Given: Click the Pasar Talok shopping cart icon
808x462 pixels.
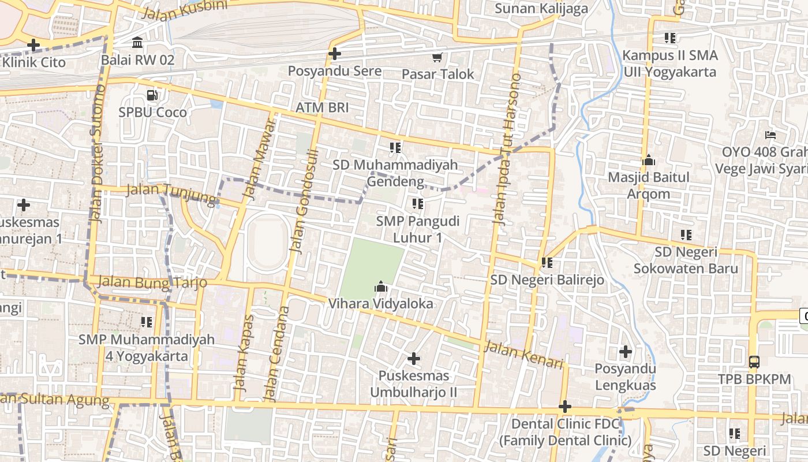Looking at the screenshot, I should coord(437,57).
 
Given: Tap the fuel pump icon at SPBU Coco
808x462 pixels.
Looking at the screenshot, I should coord(152,95).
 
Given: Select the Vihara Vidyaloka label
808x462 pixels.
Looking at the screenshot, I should coord(380,303).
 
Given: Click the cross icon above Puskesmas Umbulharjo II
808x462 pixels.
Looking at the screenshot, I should coord(413,359).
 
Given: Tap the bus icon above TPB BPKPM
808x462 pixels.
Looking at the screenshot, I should coord(754,362).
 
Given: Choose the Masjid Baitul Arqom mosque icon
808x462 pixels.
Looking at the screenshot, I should coord(648,160).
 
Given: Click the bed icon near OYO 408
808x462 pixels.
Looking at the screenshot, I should coord(770,136).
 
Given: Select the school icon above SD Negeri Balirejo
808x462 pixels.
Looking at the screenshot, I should coord(547,263).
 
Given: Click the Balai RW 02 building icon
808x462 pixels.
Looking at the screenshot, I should coord(137,43).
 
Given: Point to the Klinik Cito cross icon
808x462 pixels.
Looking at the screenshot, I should coord(33,44).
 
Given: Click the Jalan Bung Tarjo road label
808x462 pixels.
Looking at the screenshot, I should coord(152,282).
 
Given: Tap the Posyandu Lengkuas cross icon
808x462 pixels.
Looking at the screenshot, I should coord(625,351).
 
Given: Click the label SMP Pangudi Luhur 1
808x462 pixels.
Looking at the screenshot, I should coord(418,229).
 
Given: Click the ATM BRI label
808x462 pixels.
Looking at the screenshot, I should coord(322,107).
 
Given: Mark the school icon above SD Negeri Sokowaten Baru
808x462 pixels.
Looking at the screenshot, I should coord(686,235).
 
